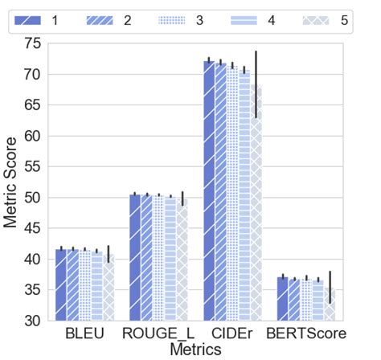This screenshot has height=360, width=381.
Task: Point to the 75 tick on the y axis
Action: pos(33,43)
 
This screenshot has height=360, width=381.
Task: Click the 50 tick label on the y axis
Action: pos(33,198)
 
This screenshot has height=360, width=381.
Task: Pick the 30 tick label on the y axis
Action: pos(33,321)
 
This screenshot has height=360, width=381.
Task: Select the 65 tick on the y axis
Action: pos(33,105)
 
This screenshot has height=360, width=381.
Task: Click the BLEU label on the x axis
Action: pos(84,333)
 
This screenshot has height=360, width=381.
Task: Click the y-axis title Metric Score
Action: pos(12,182)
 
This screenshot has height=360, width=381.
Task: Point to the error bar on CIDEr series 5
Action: pos(256,84)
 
